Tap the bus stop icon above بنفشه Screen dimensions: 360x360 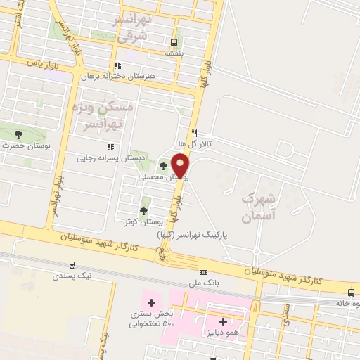pos(174,41)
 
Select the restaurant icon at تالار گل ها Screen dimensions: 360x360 pos(195,132)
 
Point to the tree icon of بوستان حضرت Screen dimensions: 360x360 pos(18,134)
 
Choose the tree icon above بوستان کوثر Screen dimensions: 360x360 pos(144,210)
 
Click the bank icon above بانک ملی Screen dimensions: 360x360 pos(204,271)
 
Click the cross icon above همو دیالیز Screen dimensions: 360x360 pos(212,321)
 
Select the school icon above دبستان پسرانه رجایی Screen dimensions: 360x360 pos(110,147)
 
